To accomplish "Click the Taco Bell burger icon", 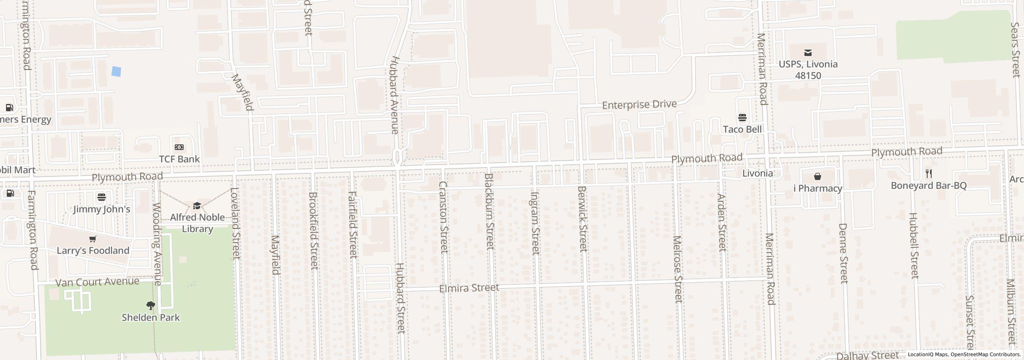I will (x=742, y=118).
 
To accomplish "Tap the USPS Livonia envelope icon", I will (x=808, y=52).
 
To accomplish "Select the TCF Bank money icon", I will (x=179, y=147).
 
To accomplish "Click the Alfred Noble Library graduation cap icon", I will (x=197, y=206).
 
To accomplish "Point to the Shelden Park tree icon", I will (x=151, y=306).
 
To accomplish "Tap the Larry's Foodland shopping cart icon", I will (x=93, y=239).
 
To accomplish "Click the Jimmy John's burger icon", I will (x=102, y=197).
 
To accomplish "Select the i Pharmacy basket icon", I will (x=818, y=176).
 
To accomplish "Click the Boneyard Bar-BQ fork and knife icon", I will (x=929, y=174).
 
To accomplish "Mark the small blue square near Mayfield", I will (x=116, y=72).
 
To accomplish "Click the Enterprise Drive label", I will (x=639, y=105).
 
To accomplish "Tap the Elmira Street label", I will (x=469, y=288).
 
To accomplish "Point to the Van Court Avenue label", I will (x=97, y=282).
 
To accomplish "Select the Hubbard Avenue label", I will (x=395, y=95).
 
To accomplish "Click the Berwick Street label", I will (x=582, y=219).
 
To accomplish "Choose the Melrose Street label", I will (x=677, y=269).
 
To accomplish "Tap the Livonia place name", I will (x=757, y=173).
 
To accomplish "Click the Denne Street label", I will (x=843, y=253).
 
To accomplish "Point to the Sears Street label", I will (x=1015, y=50).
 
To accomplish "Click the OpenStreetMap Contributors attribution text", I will (x=985, y=354).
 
